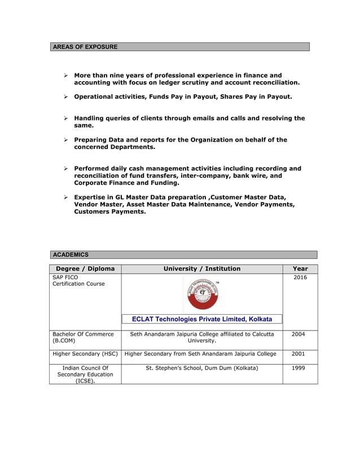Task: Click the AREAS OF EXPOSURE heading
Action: pyautogui.click(x=85, y=47)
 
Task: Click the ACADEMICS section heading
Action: pyautogui.click(x=71, y=255)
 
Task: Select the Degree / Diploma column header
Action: pyautogui.click(x=85, y=269)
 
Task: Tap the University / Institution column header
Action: pyautogui.click(x=201, y=269)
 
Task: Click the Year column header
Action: pyautogui.click(x=300, y=269)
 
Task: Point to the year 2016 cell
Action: pyautogui.click(x=300, y=278)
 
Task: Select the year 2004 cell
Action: pyautogui.click(x=298, y=334)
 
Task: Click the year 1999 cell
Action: pyautogui.click(x=298, y=368)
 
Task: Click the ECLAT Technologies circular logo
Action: pyautogui.click(x=201, y=294)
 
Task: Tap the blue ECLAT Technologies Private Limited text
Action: pyautogui.click(x=201, y=319)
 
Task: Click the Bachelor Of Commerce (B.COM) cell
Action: pyautogui.click(x=83, y=337)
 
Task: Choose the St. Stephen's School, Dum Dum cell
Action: pyautogui.click(x=201, y=368)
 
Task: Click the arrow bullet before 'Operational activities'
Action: pyautogui.click(x=65, y=97)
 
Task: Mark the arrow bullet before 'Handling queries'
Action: pyautogui.click(x=65, y=118)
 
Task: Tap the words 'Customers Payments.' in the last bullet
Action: pyautogui.click(x=110, y=212)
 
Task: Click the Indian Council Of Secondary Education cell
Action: pyautogui.click(x=85, y=374)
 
